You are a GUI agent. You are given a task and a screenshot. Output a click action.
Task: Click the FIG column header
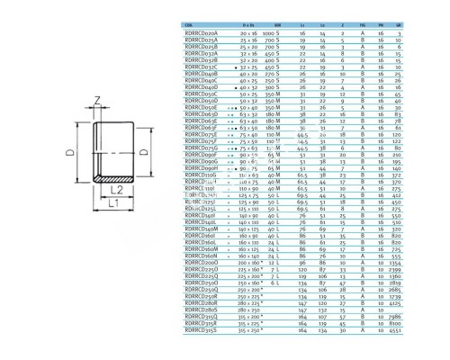click(x=386, y=22)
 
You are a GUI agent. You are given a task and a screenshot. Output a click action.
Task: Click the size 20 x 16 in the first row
click(x=251, y=30)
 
